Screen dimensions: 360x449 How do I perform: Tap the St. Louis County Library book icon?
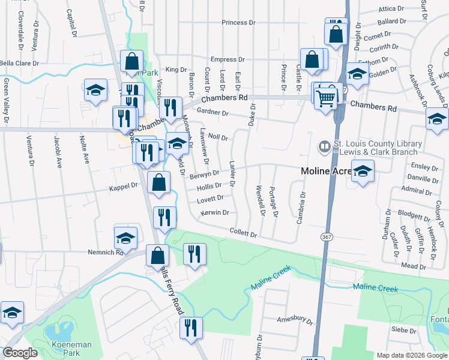(324, 146)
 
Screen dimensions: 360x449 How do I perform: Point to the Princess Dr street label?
(238, 23)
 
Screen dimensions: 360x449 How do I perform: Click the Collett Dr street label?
(244, 233)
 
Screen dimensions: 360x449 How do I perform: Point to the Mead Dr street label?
(414, 266)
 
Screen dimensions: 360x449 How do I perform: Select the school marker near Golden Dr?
(357, 74)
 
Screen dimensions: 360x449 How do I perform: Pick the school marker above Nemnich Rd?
(126, 238)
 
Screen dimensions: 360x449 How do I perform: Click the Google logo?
(20, 353)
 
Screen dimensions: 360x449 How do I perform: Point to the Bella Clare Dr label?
(19, 62)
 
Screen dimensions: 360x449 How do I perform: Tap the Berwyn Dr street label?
(205, 173)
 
